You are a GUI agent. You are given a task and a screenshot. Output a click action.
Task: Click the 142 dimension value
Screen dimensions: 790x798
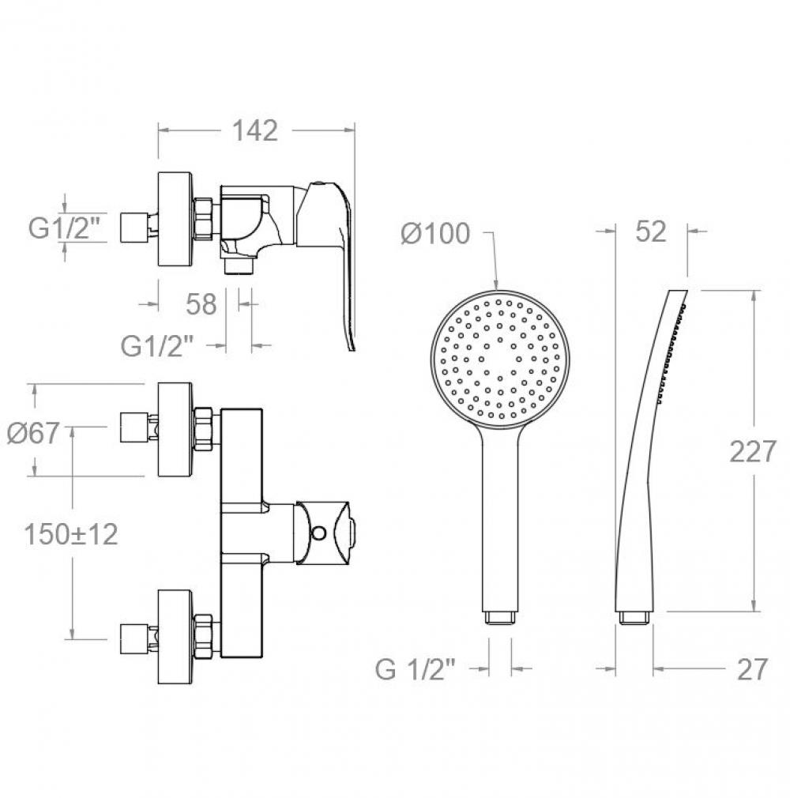255,131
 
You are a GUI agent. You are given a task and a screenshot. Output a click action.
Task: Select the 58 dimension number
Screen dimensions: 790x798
201,304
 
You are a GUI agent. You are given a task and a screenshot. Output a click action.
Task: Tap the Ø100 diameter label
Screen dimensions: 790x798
435,234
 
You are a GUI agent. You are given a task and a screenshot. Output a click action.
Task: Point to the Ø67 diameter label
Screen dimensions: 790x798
33,433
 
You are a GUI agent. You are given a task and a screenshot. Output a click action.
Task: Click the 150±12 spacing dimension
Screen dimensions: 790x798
71,534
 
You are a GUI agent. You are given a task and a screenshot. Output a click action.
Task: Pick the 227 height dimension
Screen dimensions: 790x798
753,451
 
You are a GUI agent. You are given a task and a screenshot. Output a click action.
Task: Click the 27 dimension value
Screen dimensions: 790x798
752,669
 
